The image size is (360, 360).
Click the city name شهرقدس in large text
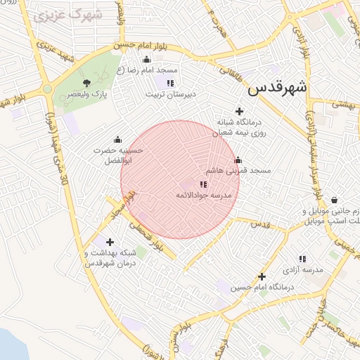coord(278,89)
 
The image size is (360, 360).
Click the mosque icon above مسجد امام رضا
coord(146,60)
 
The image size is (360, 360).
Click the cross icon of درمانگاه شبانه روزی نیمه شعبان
coord(239,111)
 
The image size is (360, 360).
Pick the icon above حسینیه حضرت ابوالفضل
coord(117,139)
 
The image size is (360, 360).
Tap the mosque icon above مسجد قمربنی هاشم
coord(238,160)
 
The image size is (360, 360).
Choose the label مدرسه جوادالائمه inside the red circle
coord(203,195)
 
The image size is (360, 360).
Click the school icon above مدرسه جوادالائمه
coord(203,184)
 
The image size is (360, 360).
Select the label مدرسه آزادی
coord(302,270)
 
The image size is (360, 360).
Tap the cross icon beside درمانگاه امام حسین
coord(262,277)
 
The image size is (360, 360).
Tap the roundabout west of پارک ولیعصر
coord(47,89)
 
